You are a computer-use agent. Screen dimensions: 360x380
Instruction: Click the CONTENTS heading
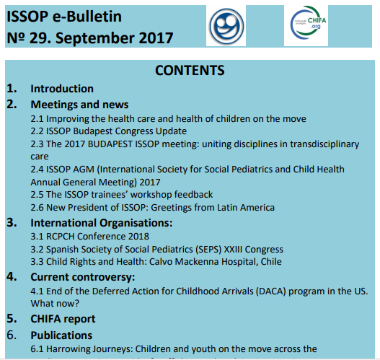point(190,70)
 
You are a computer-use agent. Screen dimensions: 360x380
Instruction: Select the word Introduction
point(62,89)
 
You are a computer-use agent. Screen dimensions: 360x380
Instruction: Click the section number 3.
point(12,222)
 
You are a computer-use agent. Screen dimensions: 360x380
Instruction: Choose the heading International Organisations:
point(101,222)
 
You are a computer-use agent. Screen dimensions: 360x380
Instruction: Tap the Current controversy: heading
point(82,276)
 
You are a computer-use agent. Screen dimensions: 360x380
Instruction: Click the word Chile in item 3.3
point(268,262)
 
